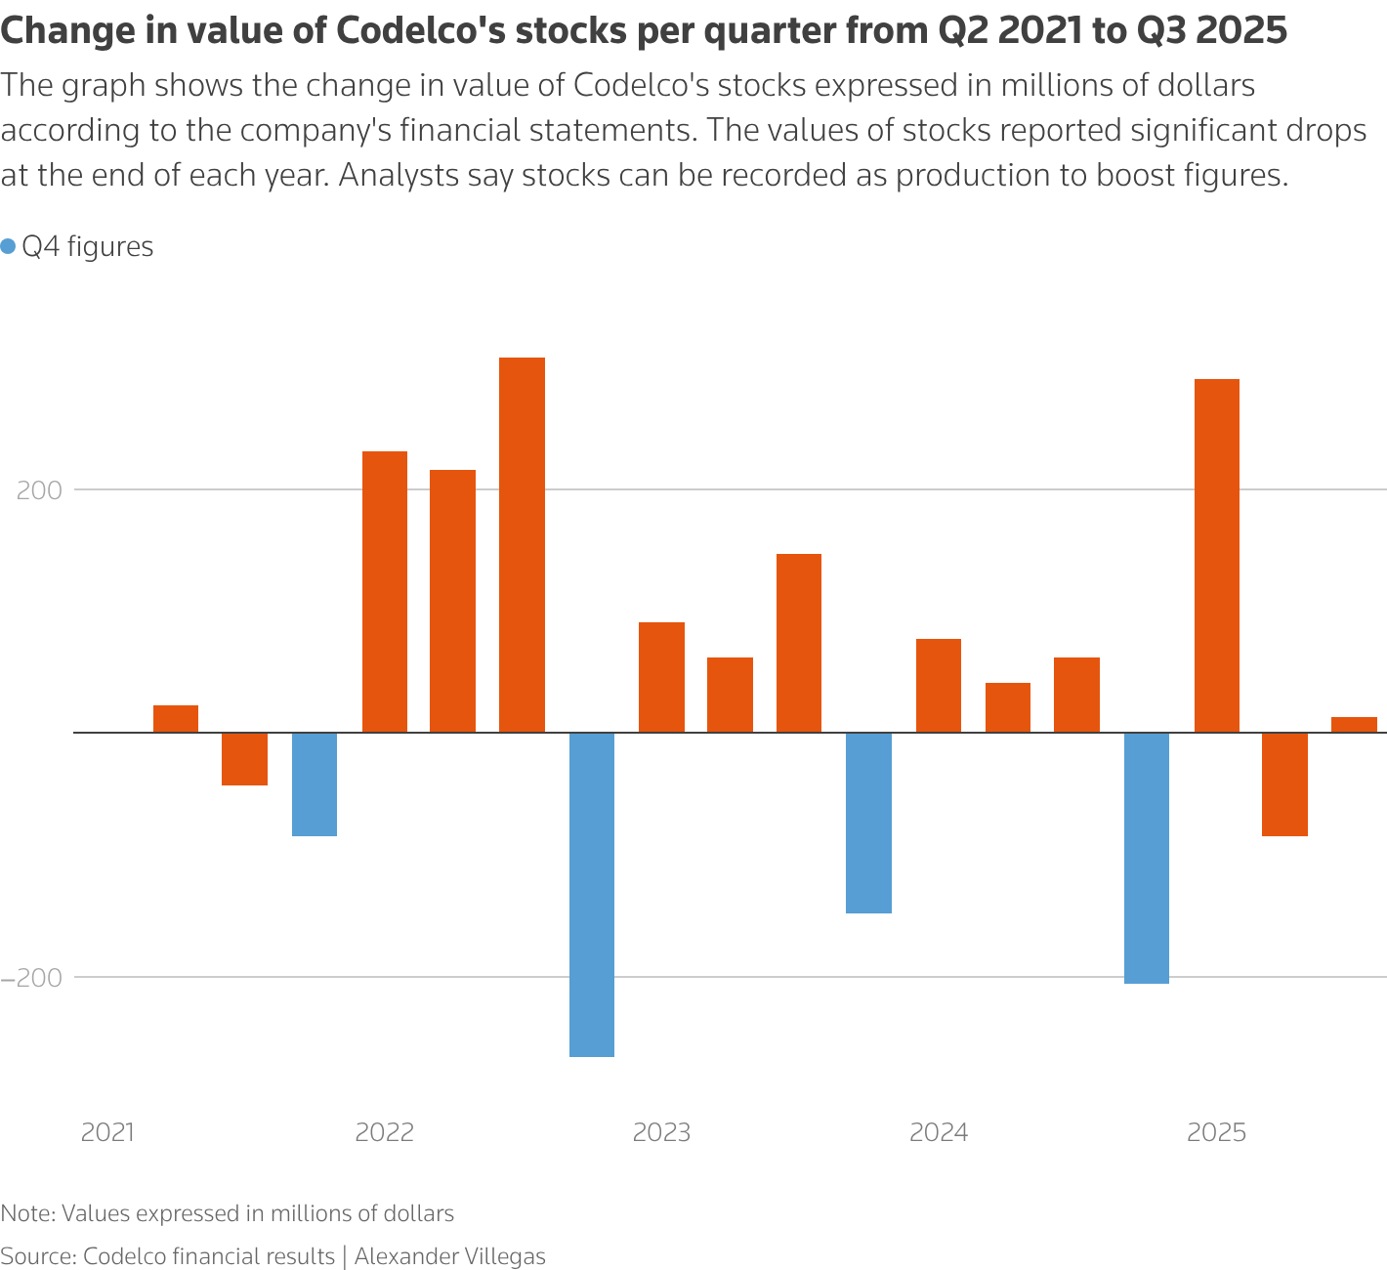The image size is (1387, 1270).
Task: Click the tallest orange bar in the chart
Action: (522, 544)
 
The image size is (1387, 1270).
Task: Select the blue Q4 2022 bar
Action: (592, 894)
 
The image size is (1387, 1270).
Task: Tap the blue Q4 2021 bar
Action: (315, 783)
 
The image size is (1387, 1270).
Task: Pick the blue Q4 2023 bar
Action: (868, 823)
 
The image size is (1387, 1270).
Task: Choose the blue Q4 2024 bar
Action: (1147, 858)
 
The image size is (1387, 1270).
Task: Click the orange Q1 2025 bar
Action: (1217, 555)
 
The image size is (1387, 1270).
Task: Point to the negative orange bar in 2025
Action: (1284, 783)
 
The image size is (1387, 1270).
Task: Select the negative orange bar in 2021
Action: (244, 758)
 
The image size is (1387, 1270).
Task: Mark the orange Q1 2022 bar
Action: (385, 591)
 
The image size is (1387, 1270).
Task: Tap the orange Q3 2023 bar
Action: (799, 643)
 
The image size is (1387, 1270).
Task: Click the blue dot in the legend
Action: (9, 247)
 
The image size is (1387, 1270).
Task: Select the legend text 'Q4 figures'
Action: (88, 247)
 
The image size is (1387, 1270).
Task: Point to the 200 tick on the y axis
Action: (40, 490)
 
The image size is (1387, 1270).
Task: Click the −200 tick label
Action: (32, 977)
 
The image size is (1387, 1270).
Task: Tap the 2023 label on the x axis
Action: (661, 1133)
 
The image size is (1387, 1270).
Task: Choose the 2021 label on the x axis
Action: (107, 1133)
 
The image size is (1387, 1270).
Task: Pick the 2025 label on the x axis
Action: (1216, 1133)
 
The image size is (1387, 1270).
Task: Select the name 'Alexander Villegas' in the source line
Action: (449, 1256)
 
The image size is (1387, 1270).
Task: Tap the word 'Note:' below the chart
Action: (27, 1214)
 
